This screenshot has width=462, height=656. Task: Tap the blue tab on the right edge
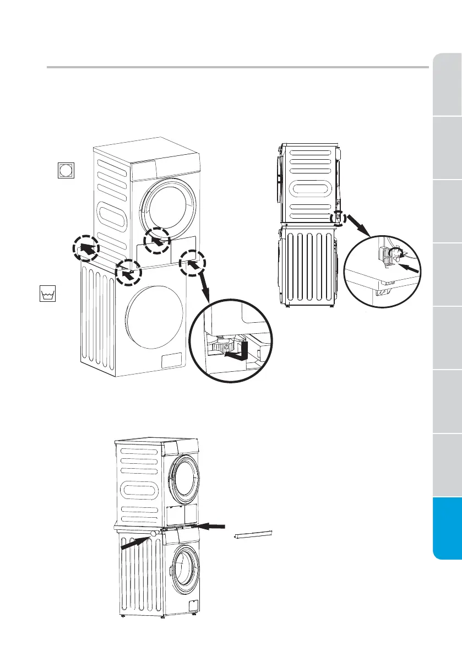447,528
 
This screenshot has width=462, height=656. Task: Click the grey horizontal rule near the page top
237,68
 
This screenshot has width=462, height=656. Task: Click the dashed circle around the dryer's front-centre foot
156,241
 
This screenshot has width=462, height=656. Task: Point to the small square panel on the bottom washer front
193,605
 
